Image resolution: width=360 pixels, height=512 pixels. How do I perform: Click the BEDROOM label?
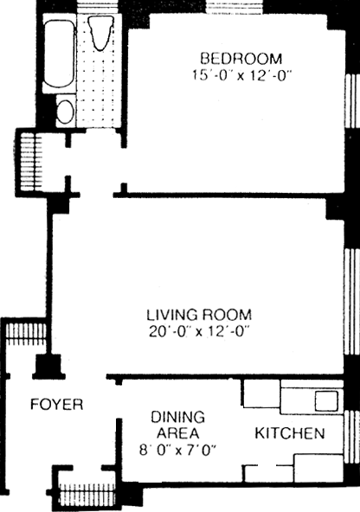[241, 59]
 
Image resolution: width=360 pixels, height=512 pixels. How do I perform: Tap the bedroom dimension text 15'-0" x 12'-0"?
[241, 75]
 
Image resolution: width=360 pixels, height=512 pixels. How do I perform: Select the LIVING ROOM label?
[199, 315]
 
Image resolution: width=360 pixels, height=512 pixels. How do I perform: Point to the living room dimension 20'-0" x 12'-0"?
[199, 332]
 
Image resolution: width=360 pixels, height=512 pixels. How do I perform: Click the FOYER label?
[57, 404]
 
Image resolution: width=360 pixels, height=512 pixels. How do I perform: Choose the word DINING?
[178, 417]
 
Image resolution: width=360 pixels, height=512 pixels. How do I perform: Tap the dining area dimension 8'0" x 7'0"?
[178, 451]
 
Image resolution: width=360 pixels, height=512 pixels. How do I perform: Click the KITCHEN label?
[290, 433]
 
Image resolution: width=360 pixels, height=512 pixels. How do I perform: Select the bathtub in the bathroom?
[59, 54]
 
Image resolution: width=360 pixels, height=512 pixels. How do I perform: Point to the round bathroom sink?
[65, 112]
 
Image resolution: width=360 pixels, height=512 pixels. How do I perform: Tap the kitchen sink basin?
[326, 401]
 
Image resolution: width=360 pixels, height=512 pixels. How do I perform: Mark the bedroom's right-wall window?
[352, 101]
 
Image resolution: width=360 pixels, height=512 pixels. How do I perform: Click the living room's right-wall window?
[352, 301]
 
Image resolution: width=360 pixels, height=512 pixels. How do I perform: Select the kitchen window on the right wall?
[352, 432]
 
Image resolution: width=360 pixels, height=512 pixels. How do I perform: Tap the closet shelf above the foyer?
[26, 334]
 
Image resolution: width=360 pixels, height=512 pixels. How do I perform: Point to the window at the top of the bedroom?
[235, 8]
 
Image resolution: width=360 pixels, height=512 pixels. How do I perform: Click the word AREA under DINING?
[177, 433]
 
